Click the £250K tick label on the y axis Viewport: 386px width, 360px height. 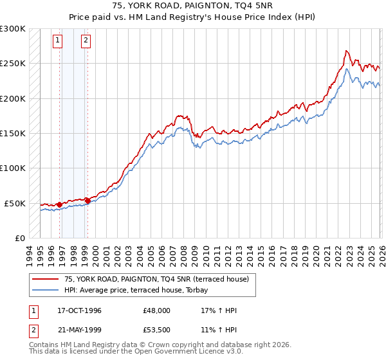13,64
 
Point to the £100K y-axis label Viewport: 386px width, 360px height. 13,168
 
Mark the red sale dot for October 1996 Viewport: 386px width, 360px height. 60,204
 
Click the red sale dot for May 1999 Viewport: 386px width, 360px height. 87,201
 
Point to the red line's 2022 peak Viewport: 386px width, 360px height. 346,51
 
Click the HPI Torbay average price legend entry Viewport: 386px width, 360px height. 159,290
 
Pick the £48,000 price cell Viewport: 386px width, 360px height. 156,310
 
